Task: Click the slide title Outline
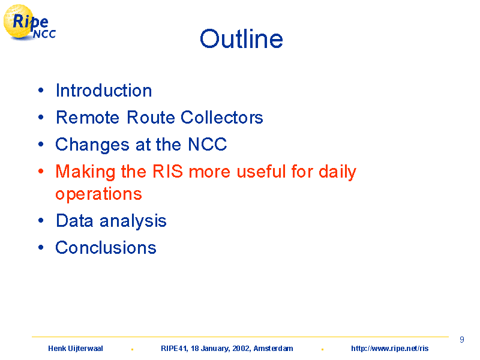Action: coord(241,39)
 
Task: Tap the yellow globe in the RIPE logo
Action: coord(18,22)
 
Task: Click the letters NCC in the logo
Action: coord(44,34)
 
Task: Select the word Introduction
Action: coord(104,91)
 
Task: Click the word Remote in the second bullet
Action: coord(88,117)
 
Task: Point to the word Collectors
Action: coord(221,117)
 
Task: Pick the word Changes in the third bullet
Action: coord(92,145)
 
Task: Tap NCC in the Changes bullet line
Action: coord(207,144)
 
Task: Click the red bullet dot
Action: coord(41,171)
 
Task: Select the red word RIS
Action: coord(167,171)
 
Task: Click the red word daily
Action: coord(337,172)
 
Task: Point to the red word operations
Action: coord(98,194)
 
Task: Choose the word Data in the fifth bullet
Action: coord(74,221)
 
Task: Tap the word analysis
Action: coord(133,221)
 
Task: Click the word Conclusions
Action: coord(106,248)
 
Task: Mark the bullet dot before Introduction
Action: coord(41,91)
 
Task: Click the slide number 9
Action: coord(462,340)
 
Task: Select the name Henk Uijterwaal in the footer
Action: coord(76,349)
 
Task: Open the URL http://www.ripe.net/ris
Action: coord(389,349)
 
